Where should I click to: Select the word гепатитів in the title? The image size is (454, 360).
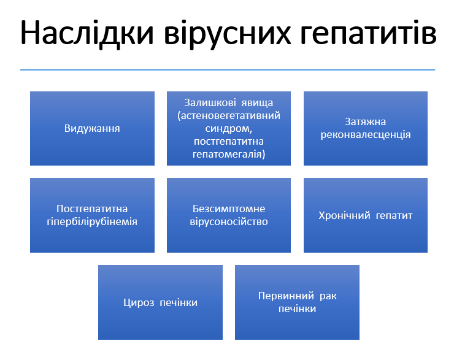click(x=369, y=34)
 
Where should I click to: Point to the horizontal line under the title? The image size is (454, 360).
click(x=227, y=70)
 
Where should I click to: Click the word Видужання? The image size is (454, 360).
click(x=92, y=129)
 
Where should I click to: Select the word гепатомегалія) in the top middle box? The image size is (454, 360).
click(x=229, y=155)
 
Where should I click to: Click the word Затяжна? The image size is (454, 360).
click(x=365, y=122)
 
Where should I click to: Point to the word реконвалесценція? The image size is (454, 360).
click(x=366, y=134)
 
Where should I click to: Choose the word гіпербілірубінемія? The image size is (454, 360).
click(x=92, y=221)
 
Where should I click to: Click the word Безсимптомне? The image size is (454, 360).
click(x=229, y=209)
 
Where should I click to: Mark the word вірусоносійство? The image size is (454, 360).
click(x=229, y=221)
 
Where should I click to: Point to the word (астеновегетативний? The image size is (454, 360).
click(x=229, y=115)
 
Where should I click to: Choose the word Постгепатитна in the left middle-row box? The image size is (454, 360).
click(x=92, y=209)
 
